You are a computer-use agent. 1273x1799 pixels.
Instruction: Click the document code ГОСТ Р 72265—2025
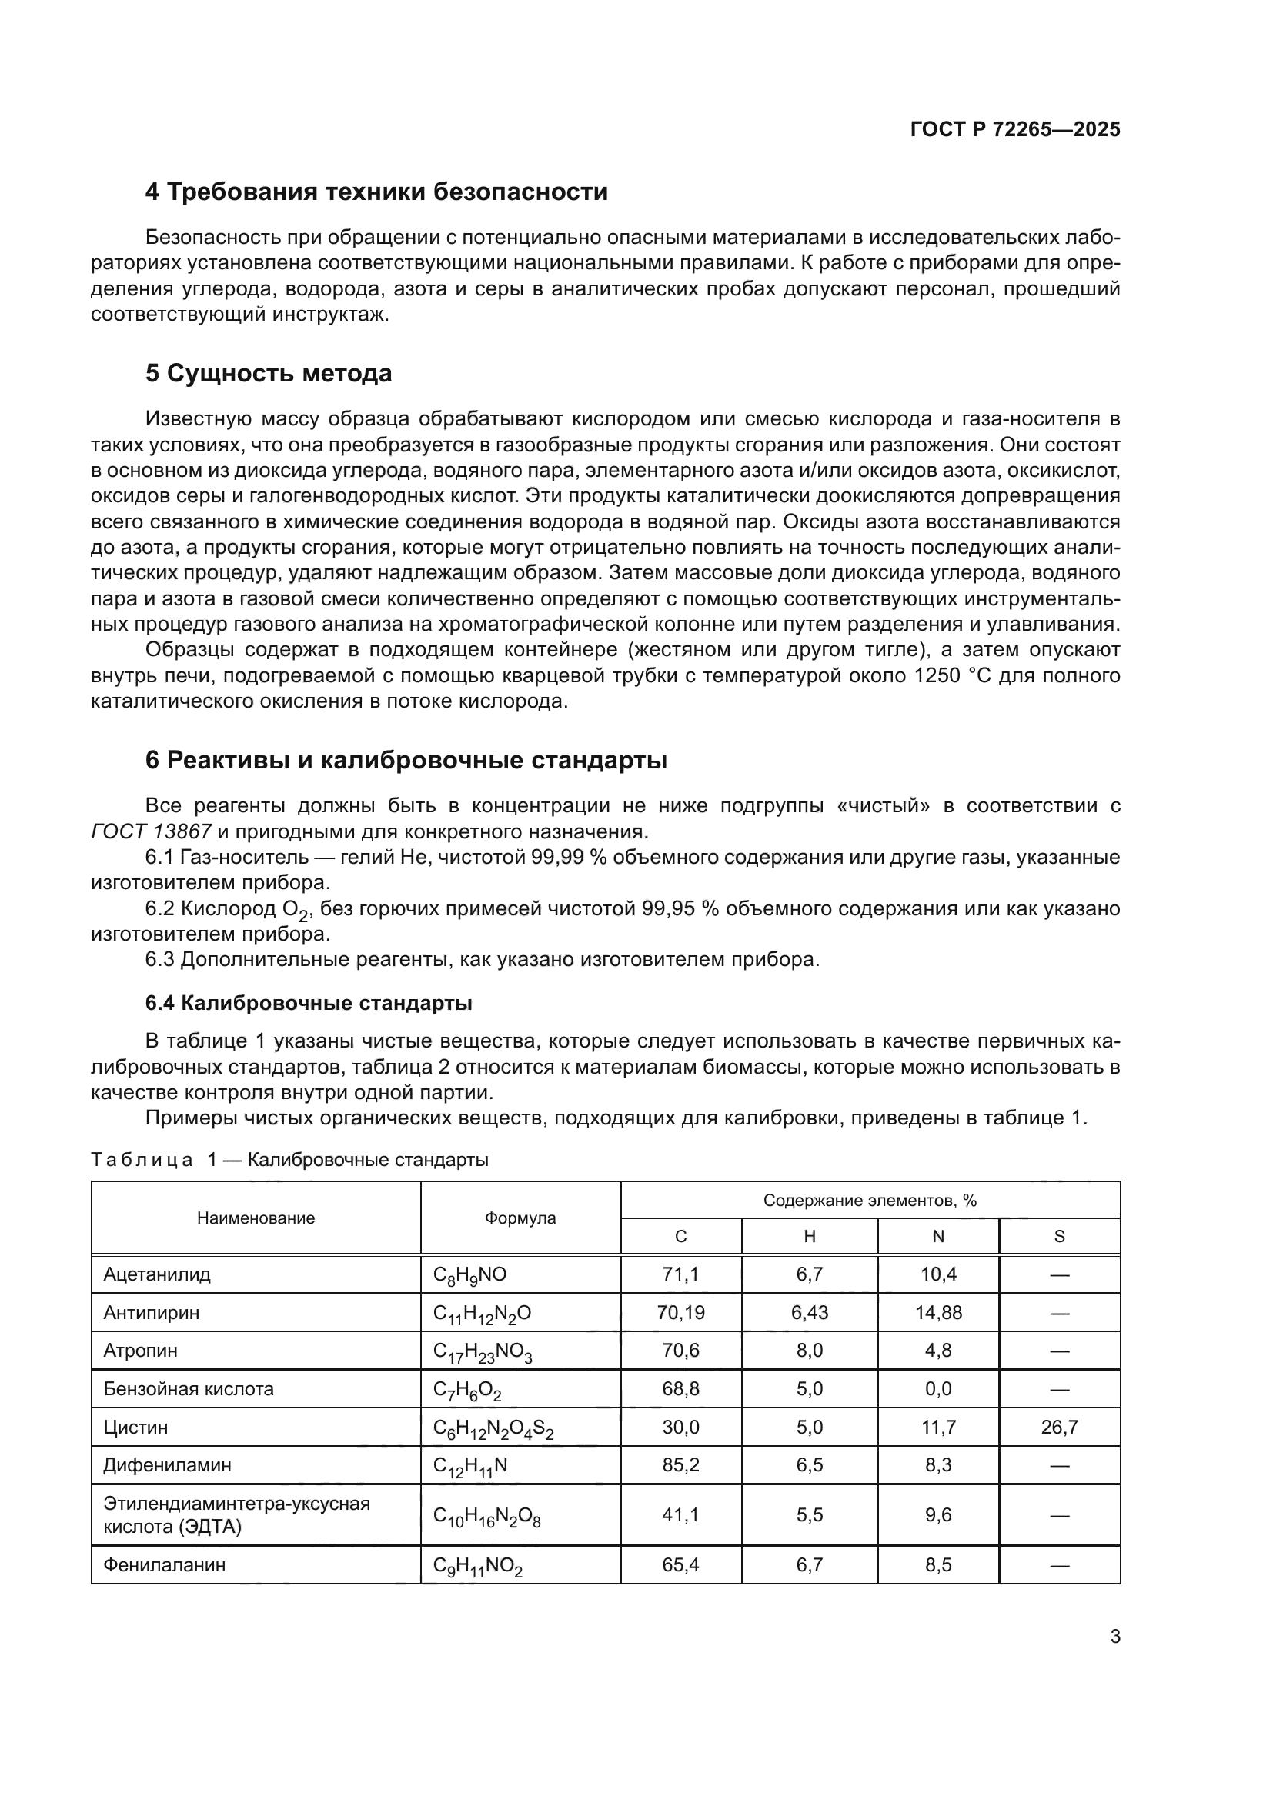point(1015,129)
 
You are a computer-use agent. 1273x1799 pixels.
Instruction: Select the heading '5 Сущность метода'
point(268,374)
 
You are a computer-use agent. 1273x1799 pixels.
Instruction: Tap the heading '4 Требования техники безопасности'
point(376,192)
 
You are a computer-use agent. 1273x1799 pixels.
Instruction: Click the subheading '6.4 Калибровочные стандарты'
point(309,1003)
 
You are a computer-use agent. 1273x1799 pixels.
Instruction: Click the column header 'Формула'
point(520,1218)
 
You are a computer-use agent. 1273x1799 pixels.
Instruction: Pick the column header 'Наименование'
point(256,1218)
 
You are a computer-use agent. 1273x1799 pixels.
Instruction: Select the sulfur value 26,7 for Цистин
point(1059,1427)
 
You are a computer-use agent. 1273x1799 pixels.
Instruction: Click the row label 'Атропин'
point(140,1350)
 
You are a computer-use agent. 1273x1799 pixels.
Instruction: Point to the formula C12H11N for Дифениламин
point(470,1466)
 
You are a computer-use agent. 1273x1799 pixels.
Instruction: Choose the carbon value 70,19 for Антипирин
point(680,1312)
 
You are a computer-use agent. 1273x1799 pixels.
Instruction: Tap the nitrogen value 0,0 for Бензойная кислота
point(937,1388)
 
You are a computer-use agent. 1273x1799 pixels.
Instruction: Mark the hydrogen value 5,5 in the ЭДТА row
point(809,1514)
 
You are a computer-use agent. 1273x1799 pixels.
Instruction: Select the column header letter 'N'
point(937,1237)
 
